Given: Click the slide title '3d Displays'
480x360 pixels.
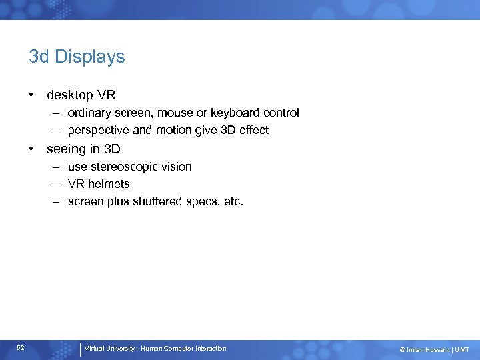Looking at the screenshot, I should (77, 57).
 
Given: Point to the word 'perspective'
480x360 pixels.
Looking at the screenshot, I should (97, 130).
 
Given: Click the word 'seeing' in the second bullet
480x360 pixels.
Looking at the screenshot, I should (65, 149).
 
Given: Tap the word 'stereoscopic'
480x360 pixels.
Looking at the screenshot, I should (123, 167).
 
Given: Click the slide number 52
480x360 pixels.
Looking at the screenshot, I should (21, 348).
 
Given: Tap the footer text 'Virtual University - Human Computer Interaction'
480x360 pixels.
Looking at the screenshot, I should (156, 349).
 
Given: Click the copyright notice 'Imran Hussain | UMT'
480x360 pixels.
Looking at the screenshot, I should (434, 349).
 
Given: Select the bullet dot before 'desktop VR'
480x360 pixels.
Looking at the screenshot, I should (32, 95).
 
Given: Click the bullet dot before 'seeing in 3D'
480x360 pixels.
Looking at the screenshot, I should (32, 149).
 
